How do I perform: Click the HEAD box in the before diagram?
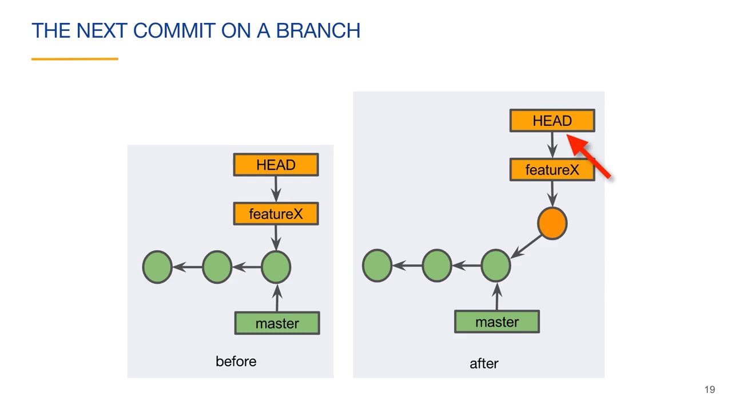(x=276, y=165)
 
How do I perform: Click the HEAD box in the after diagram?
(x=552, y=121)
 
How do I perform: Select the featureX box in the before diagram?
(x=276, y=214)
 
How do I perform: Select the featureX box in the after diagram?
(x=552, y=170)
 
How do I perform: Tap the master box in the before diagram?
(x=277, y=323)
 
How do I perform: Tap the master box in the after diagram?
(x=496, y=322)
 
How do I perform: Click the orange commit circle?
(x=552, y=223)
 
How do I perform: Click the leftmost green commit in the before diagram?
(x=157, y=267)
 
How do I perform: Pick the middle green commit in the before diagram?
(x=217, y=267)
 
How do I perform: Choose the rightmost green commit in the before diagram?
(x=276, y=267)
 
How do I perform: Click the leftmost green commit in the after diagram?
(x=377, y=266)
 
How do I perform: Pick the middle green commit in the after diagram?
(x=437, y=266)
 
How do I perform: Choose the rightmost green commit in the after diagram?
(x=496, y=266)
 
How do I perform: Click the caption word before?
(x=236, y=362)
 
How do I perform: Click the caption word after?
(x=484, y=363)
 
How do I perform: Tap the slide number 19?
(x=710, y=390)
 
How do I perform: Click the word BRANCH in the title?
(x=318, y=31)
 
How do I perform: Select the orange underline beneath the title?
(x=74, y=58)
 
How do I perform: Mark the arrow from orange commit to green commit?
(x=527, y=245)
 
